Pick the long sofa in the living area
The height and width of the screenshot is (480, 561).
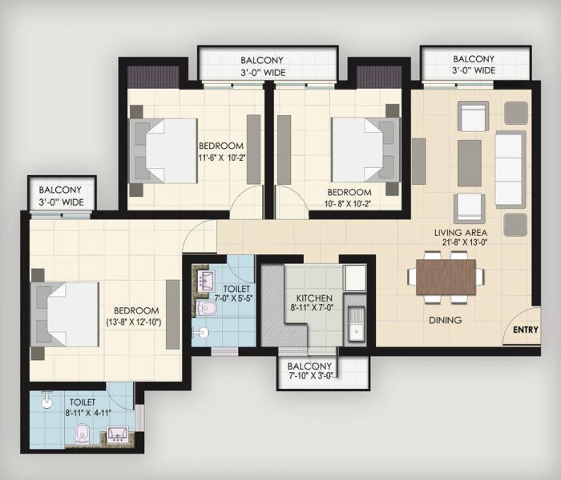(x=510, y=170)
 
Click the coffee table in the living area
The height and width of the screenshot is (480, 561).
(x=469, y=163)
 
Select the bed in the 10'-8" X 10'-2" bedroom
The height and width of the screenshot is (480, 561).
(x=365, y=150)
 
